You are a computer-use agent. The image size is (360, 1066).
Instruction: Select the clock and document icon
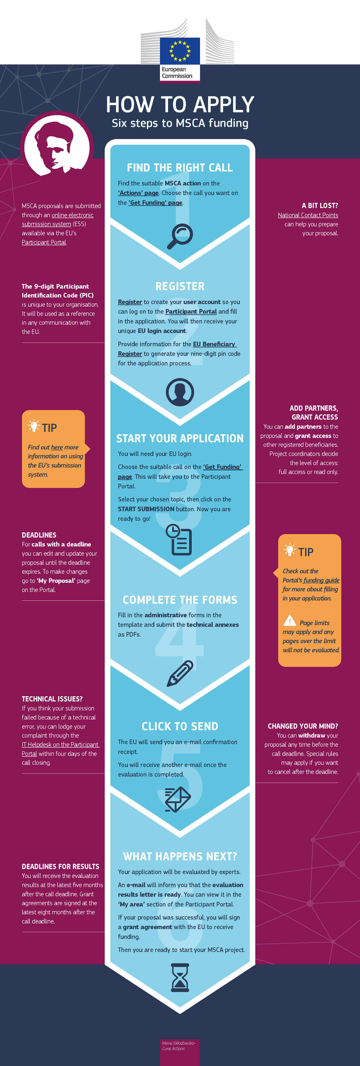click(x=179, y=539)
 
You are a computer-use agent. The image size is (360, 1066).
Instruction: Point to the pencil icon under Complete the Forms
click(x=180, y=673)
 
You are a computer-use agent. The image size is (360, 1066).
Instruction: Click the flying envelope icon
click(x=178, y=799)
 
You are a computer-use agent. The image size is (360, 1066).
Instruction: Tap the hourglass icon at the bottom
click(x=180, y=977)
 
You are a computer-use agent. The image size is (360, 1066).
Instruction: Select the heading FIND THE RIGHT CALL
click(x=180, y=168)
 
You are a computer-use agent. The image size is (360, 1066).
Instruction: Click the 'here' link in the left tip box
click(x=57, y=447)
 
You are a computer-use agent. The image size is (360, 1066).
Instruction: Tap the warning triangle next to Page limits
click(x=290, y=621)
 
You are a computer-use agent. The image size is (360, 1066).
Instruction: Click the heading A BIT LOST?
click(x=320, y=206)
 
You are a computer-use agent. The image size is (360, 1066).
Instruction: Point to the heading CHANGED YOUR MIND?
click(x=303, y=726)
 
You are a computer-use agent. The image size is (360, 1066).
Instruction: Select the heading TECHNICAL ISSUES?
click(x=52, y=699)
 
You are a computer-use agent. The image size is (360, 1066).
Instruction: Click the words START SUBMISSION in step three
click(x=146, y=509)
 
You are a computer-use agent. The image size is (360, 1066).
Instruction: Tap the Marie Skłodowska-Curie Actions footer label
click(x=179, y=1046)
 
